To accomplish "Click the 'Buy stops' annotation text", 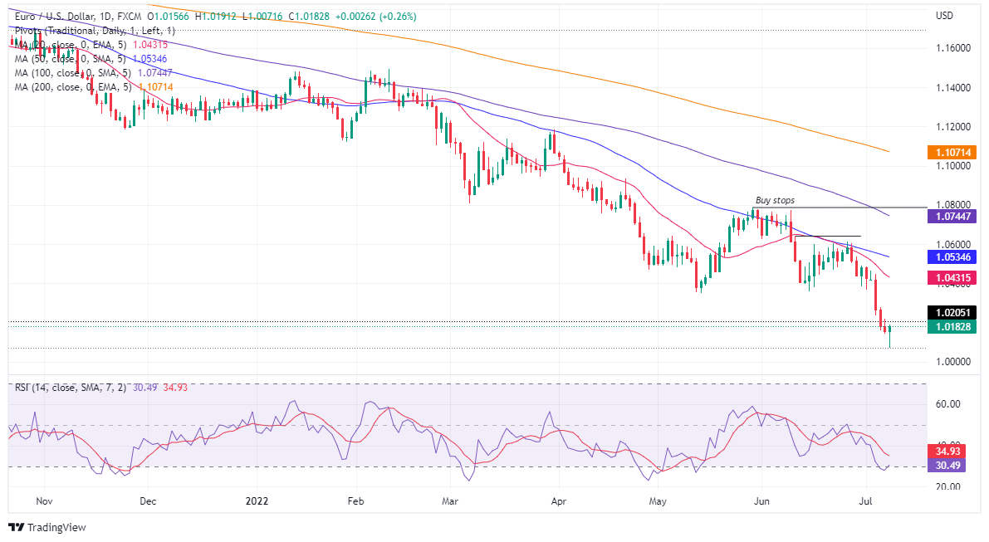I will click(x=774, y=200).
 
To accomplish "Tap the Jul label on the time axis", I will click(x=865, y=500).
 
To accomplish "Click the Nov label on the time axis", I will click(x=45, y=500).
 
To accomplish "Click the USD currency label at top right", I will click(x=945, y=16).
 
